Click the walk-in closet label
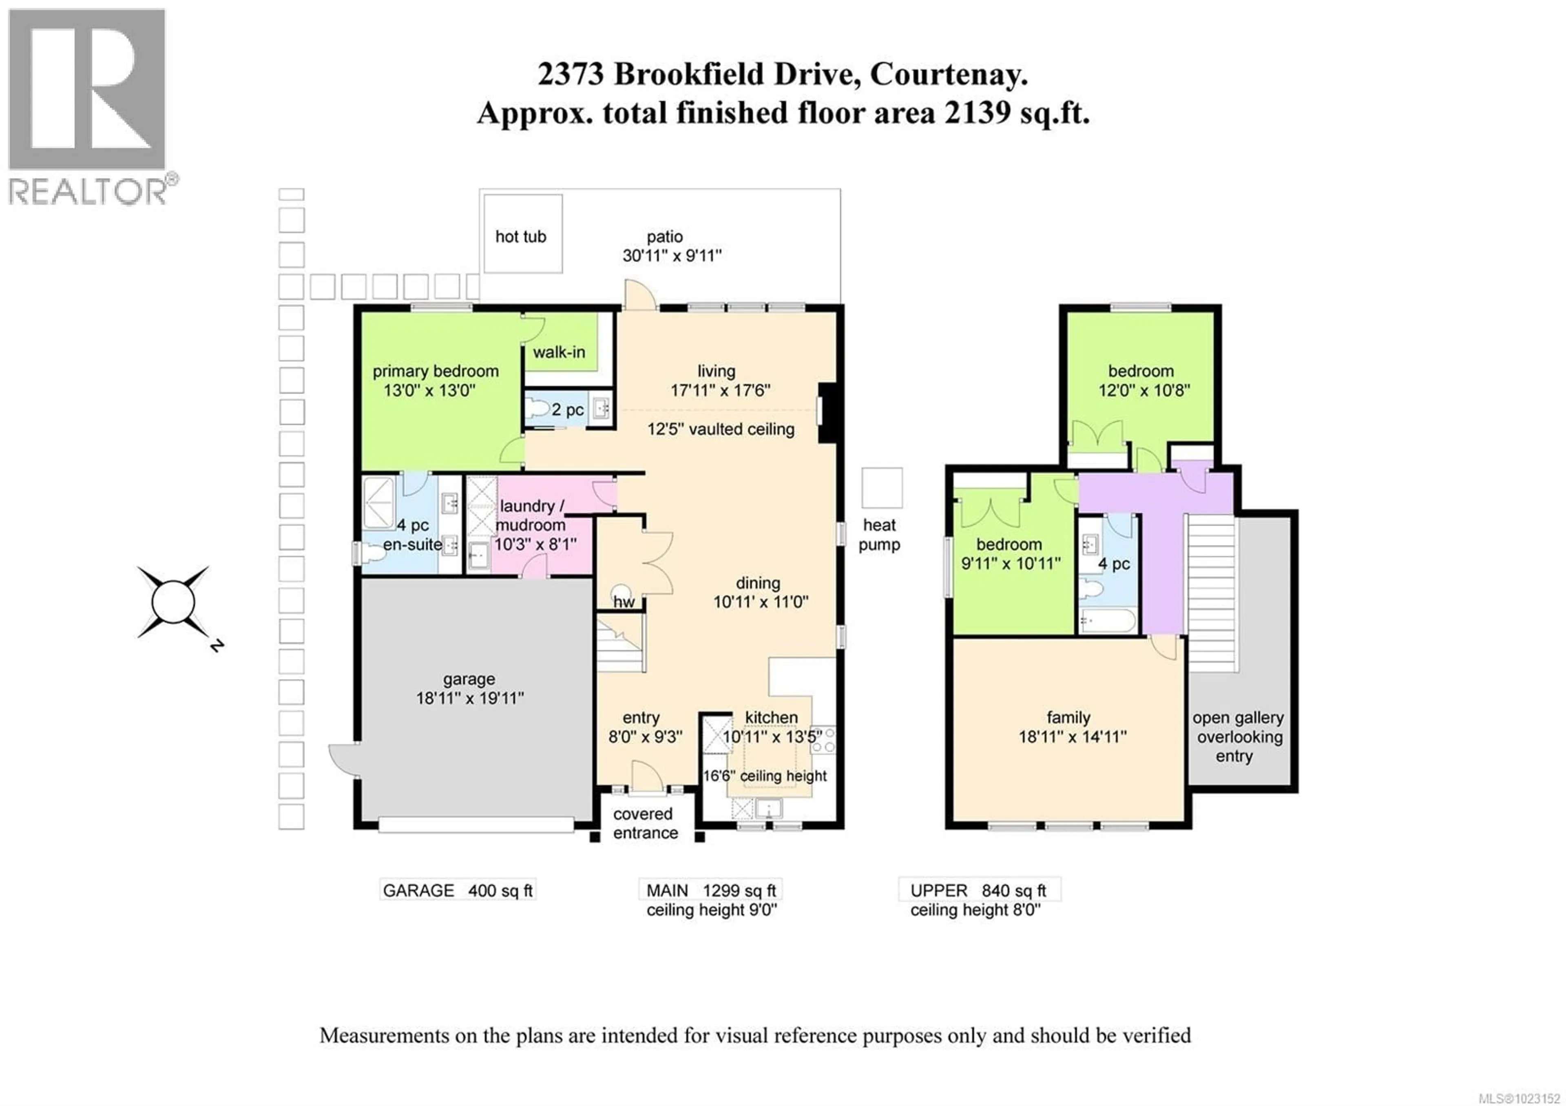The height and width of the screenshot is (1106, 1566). [x=559, y=352]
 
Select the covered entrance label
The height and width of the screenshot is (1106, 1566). [x=644, y=823]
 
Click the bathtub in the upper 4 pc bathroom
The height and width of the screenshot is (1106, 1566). [x=1107, y=621]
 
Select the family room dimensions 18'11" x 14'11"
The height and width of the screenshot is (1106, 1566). [x=1072, y=737]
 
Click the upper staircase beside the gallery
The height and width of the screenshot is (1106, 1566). [x=1212, y=593]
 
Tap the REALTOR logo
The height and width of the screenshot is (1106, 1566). [x=87, y=106]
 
